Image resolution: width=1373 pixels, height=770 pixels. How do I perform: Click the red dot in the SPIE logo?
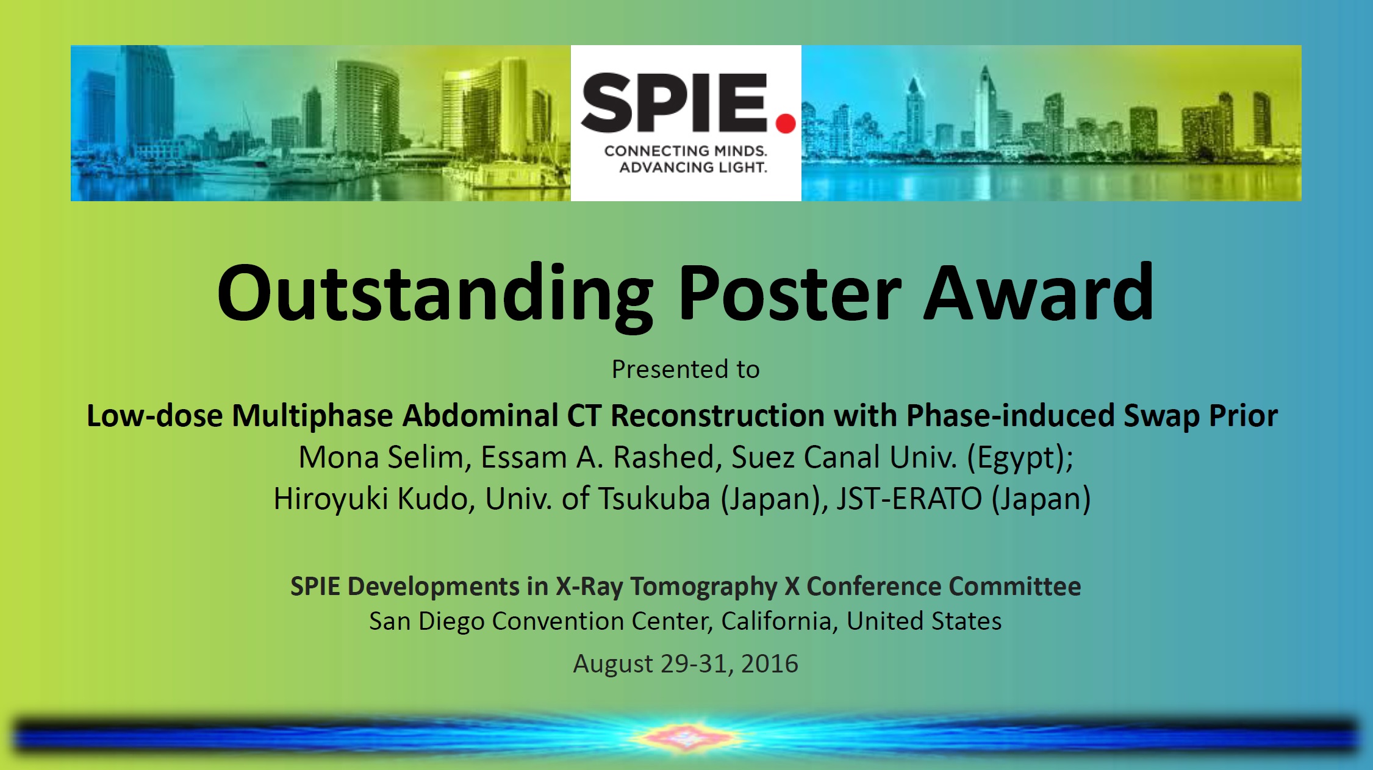coord(786,123)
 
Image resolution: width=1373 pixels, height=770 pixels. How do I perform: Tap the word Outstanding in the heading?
coord(435,295)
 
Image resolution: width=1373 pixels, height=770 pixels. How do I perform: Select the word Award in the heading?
coord(1038,292)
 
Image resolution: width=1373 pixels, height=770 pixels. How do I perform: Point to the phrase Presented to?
coord(686,369)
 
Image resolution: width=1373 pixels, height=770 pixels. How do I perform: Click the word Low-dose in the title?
coord(155,416)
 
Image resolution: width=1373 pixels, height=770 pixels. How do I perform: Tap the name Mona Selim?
coord(381,457)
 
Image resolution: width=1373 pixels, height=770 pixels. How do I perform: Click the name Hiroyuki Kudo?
coord(371,499)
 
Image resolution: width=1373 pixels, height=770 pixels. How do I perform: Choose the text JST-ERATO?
coord(909,499)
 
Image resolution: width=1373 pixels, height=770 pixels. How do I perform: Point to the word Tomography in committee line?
coord(703,587)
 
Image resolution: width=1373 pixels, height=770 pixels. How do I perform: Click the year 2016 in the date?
coord(769,663)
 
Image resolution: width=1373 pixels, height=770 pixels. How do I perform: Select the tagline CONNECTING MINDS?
coord(686,151)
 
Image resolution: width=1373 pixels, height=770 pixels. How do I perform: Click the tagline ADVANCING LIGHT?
coord(693,167)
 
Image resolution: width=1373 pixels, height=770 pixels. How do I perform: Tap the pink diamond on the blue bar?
coord(686,737)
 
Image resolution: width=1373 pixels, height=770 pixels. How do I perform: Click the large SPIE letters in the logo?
coord(674,102)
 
